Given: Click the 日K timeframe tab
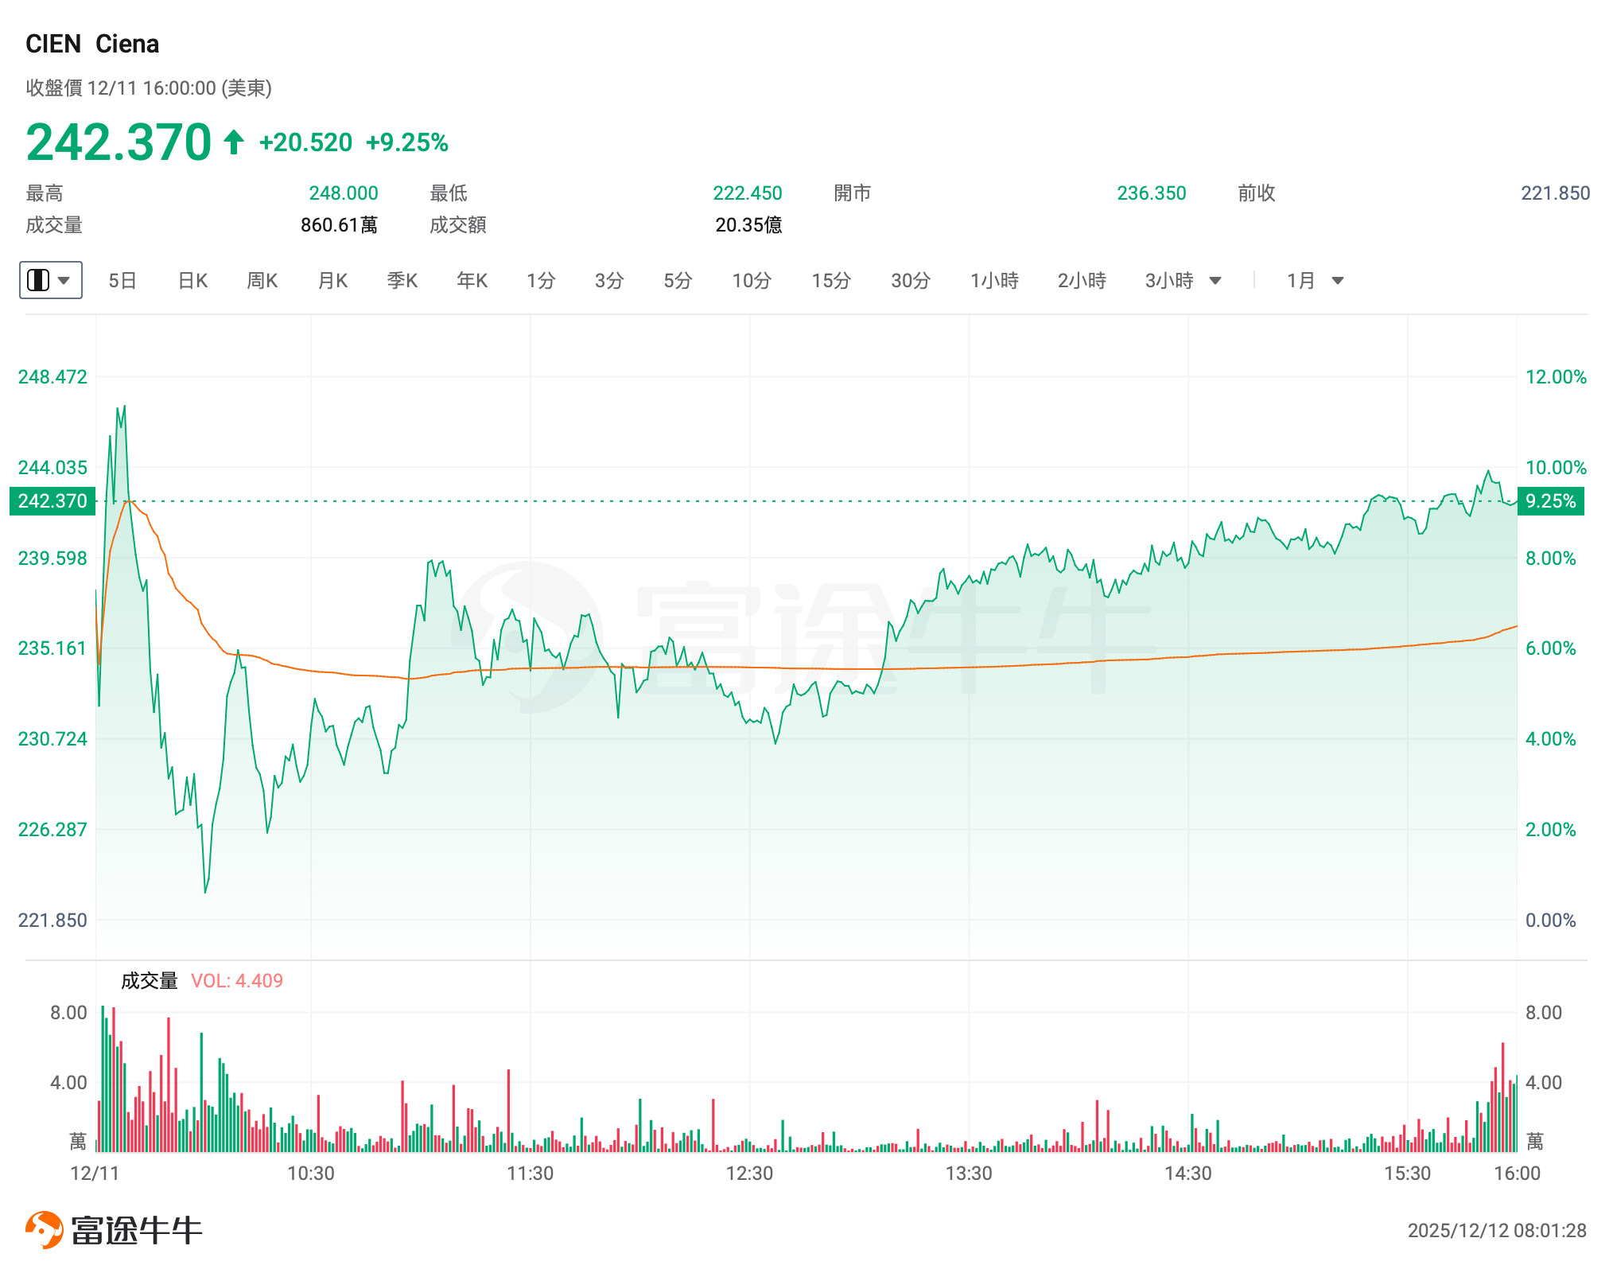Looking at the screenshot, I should (x=192, y=281).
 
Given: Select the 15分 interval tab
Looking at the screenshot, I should (x=831, y=281).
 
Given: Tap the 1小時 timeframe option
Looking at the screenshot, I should (x=994, y=281).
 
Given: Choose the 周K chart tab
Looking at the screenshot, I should (x=262, y=281).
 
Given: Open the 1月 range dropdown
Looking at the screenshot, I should (x=1315, y=281).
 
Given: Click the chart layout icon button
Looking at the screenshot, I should (x=50, y=280).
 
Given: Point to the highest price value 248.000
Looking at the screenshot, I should (x=343, y=193).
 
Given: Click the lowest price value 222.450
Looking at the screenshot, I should (x=747, y=193).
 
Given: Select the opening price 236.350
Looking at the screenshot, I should (x=1151, y=193).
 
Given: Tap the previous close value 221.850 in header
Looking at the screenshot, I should (x=1555, y=193).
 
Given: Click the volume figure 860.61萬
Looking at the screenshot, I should (x=339, y=225).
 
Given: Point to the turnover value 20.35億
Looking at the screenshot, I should (x=748, y=225).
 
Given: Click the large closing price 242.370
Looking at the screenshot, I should (x=119, y=142).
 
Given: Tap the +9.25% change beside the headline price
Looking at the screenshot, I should (x=406, y=142).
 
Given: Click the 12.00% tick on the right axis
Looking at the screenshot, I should (x=1555, y=377).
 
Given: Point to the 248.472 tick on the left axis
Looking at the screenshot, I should (x=52, y=377).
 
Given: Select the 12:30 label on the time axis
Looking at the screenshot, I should (x=749, y=1174).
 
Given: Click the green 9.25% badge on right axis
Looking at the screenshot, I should (x=1550, y=501).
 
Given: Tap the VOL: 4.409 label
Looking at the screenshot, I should (x=236, y=981).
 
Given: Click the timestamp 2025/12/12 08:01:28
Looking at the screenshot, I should (x=1496, y=1231).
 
